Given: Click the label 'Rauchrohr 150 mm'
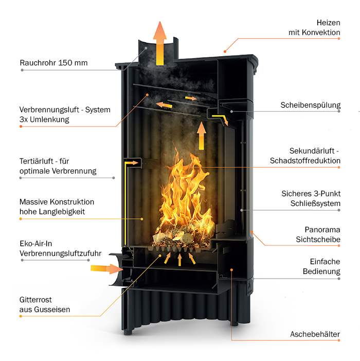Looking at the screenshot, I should [x=53, y=63].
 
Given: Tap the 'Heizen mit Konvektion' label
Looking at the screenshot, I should [x=314, y=28].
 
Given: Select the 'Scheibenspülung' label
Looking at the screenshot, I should [x=310, y=105].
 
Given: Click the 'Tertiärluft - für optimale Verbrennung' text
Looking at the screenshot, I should [x=58, y=166].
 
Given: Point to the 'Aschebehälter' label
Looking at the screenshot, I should [x=315, y=334].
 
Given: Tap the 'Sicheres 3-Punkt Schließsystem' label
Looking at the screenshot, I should [x=311, y=198].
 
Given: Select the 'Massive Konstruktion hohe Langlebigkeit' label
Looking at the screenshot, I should [x=57, y=207].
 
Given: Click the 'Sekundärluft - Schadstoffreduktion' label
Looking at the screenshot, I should [x=305, y=156].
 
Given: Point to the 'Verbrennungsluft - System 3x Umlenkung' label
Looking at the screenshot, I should [x=65, y=114].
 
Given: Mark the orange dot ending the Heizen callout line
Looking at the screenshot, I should [x=225, y=51].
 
